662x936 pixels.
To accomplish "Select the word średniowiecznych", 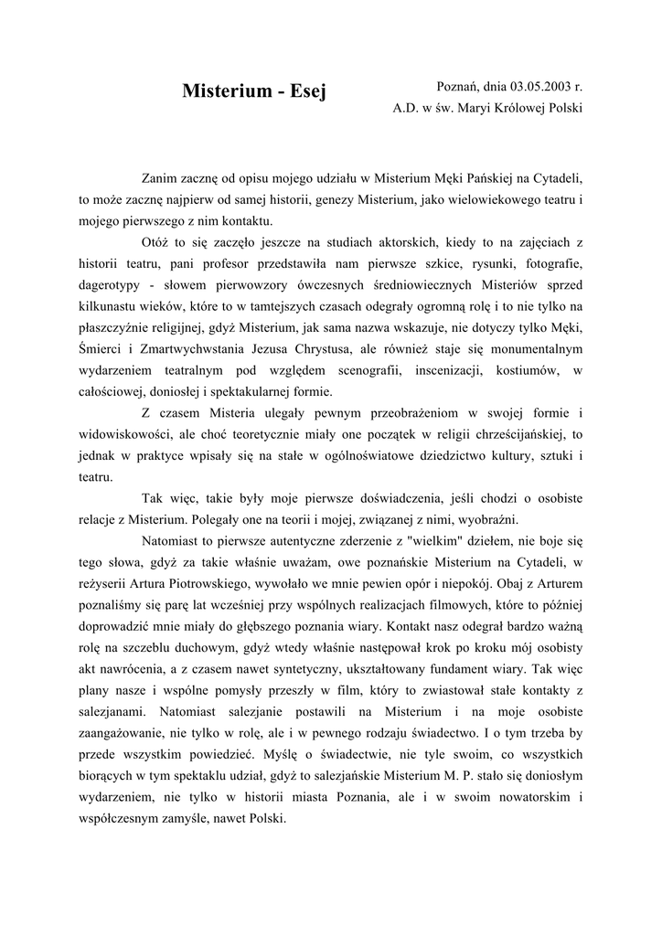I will [412, 285].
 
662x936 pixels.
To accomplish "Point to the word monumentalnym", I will [531, 349].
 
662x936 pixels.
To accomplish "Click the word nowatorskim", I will [521, 796].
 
